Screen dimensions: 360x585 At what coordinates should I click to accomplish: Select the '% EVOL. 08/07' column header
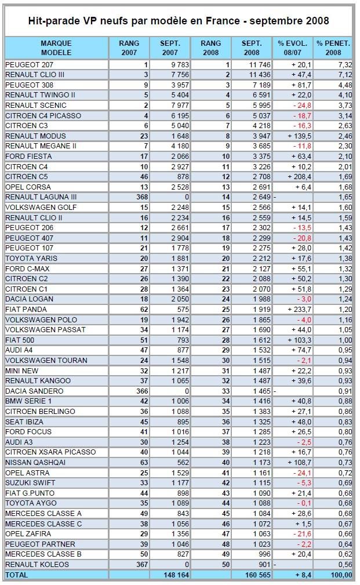pos(293,48)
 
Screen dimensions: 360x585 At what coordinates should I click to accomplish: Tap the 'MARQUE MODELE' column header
pos(56,48)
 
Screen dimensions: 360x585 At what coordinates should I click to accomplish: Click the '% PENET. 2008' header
pos(333,48)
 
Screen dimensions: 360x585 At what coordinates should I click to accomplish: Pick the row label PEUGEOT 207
pos(29,64)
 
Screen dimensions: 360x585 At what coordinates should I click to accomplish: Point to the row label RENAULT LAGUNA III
pos(41,197)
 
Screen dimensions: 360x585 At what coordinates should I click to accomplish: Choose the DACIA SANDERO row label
pos(34,391)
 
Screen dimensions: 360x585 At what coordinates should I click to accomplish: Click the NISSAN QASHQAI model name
pos(35,462)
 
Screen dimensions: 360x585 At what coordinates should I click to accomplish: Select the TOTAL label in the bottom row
pos(16,575)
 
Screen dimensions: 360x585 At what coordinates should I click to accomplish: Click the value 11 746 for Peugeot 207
pos(260,64)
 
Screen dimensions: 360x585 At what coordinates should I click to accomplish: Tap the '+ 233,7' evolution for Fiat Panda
pos(300,309)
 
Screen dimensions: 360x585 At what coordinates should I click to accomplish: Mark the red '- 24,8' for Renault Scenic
pos(302,105)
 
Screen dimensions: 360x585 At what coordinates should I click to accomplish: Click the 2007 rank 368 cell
pos(142,197)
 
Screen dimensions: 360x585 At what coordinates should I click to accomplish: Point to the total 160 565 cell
pos(258,575)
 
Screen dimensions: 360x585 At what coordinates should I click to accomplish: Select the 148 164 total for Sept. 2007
pos(176,575)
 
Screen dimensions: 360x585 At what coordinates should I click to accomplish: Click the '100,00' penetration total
pos(341,575)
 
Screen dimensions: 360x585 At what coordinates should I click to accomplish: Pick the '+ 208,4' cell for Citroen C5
pos(300,176)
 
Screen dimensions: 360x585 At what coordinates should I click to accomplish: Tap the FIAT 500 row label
pos(20,340)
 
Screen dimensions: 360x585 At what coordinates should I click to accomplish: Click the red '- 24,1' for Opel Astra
pos(302,473)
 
